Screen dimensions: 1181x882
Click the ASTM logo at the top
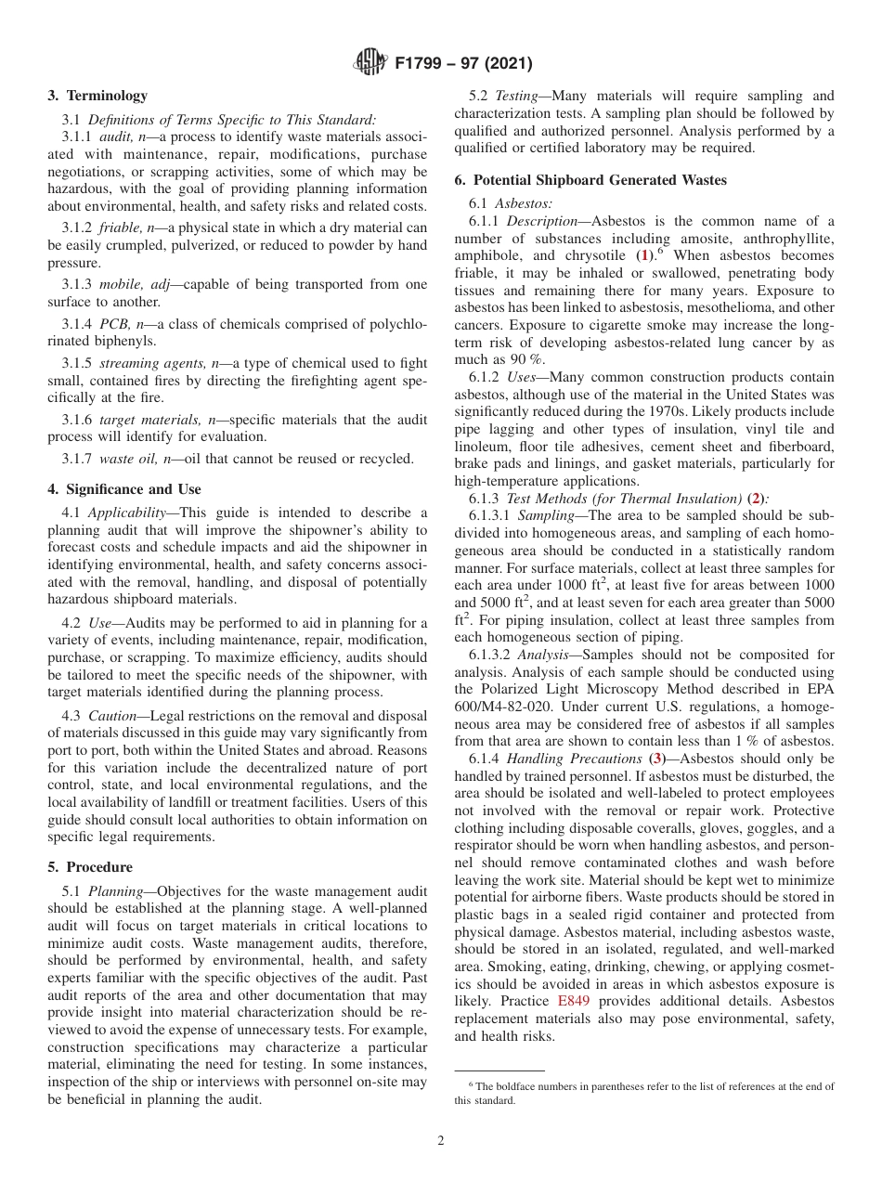[371, 64]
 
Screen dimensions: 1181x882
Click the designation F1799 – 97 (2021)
[462, 64]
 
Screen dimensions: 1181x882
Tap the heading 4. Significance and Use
[123, 489]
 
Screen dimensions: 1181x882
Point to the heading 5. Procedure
[90, 867]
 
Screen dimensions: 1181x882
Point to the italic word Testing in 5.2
[514, 96]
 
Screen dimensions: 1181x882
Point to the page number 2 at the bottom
[441, 1141]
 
